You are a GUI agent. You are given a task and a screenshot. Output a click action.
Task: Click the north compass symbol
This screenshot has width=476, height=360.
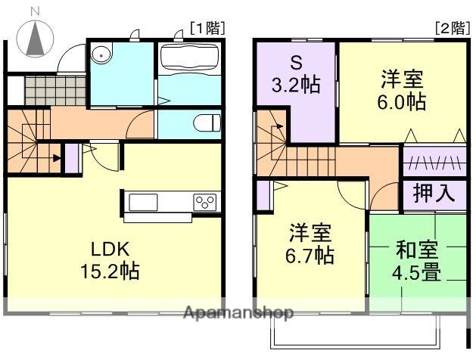tap(36, 37)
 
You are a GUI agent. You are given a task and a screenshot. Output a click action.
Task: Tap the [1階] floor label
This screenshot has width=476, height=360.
tap(207, 29)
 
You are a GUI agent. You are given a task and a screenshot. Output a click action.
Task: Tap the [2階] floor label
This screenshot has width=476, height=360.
tap(450, 29)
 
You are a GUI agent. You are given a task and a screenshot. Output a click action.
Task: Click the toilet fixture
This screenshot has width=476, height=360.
tap(207, 123)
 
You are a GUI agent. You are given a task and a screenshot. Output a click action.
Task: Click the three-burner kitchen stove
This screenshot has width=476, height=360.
tap(205, 202)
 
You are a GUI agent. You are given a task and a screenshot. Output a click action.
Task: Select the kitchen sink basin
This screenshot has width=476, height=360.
tap(143, 202)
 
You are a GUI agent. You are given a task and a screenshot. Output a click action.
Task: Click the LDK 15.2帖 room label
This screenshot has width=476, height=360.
tap(110, 260)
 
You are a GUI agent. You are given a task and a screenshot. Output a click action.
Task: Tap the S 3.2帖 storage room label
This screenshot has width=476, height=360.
tap(296, 74)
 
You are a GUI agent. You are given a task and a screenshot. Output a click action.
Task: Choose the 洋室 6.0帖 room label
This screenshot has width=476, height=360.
tap(402, 90)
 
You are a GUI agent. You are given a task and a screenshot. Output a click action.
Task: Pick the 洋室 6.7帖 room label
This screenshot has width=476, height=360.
tap(310, 244)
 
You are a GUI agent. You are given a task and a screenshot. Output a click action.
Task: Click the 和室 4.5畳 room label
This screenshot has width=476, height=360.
tap(416, 261)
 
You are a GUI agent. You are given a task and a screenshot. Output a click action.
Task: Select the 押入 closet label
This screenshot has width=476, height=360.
tap(434, 193)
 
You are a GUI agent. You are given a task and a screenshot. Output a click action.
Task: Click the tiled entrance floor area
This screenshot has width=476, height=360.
tap(55, 91)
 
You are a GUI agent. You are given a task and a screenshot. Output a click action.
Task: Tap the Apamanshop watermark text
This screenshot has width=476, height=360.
tap(238, 312)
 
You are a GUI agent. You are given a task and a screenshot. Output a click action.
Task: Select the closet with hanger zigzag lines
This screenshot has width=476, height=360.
tap(434, 161)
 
